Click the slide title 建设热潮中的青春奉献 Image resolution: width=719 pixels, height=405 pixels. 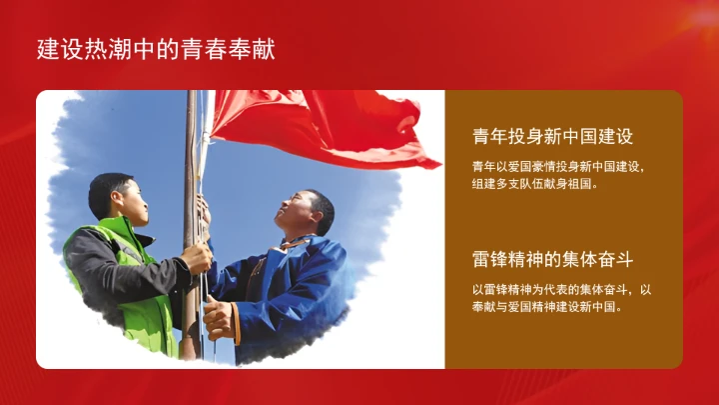point(156,48)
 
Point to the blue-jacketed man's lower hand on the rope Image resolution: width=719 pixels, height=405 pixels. point(218,317)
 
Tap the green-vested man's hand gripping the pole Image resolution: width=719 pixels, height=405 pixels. point(197,258)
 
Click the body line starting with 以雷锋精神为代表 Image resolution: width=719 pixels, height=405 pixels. point(561,290)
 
